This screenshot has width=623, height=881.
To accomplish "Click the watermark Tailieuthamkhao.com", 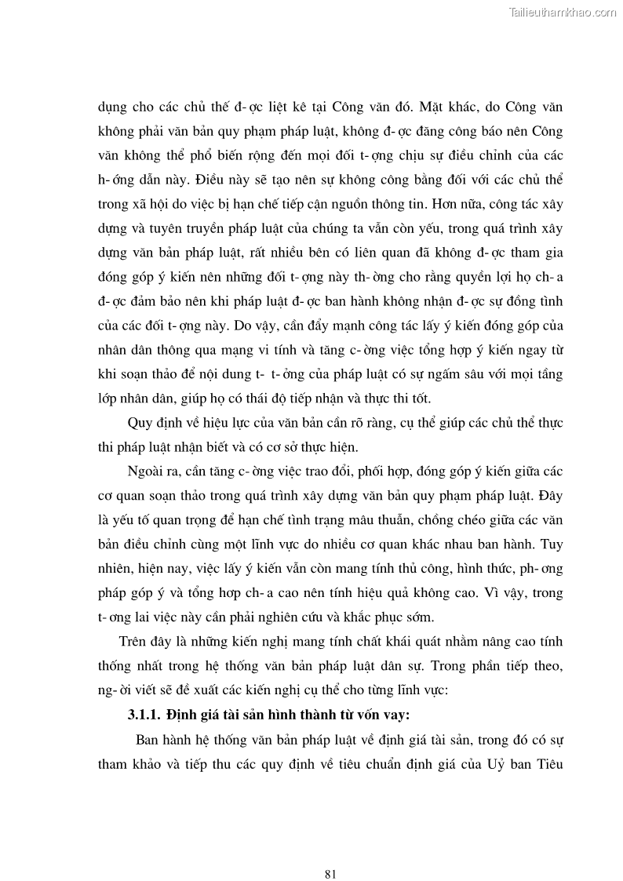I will tap(563, 13).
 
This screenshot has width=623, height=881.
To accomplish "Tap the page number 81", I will tap(330, 852).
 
